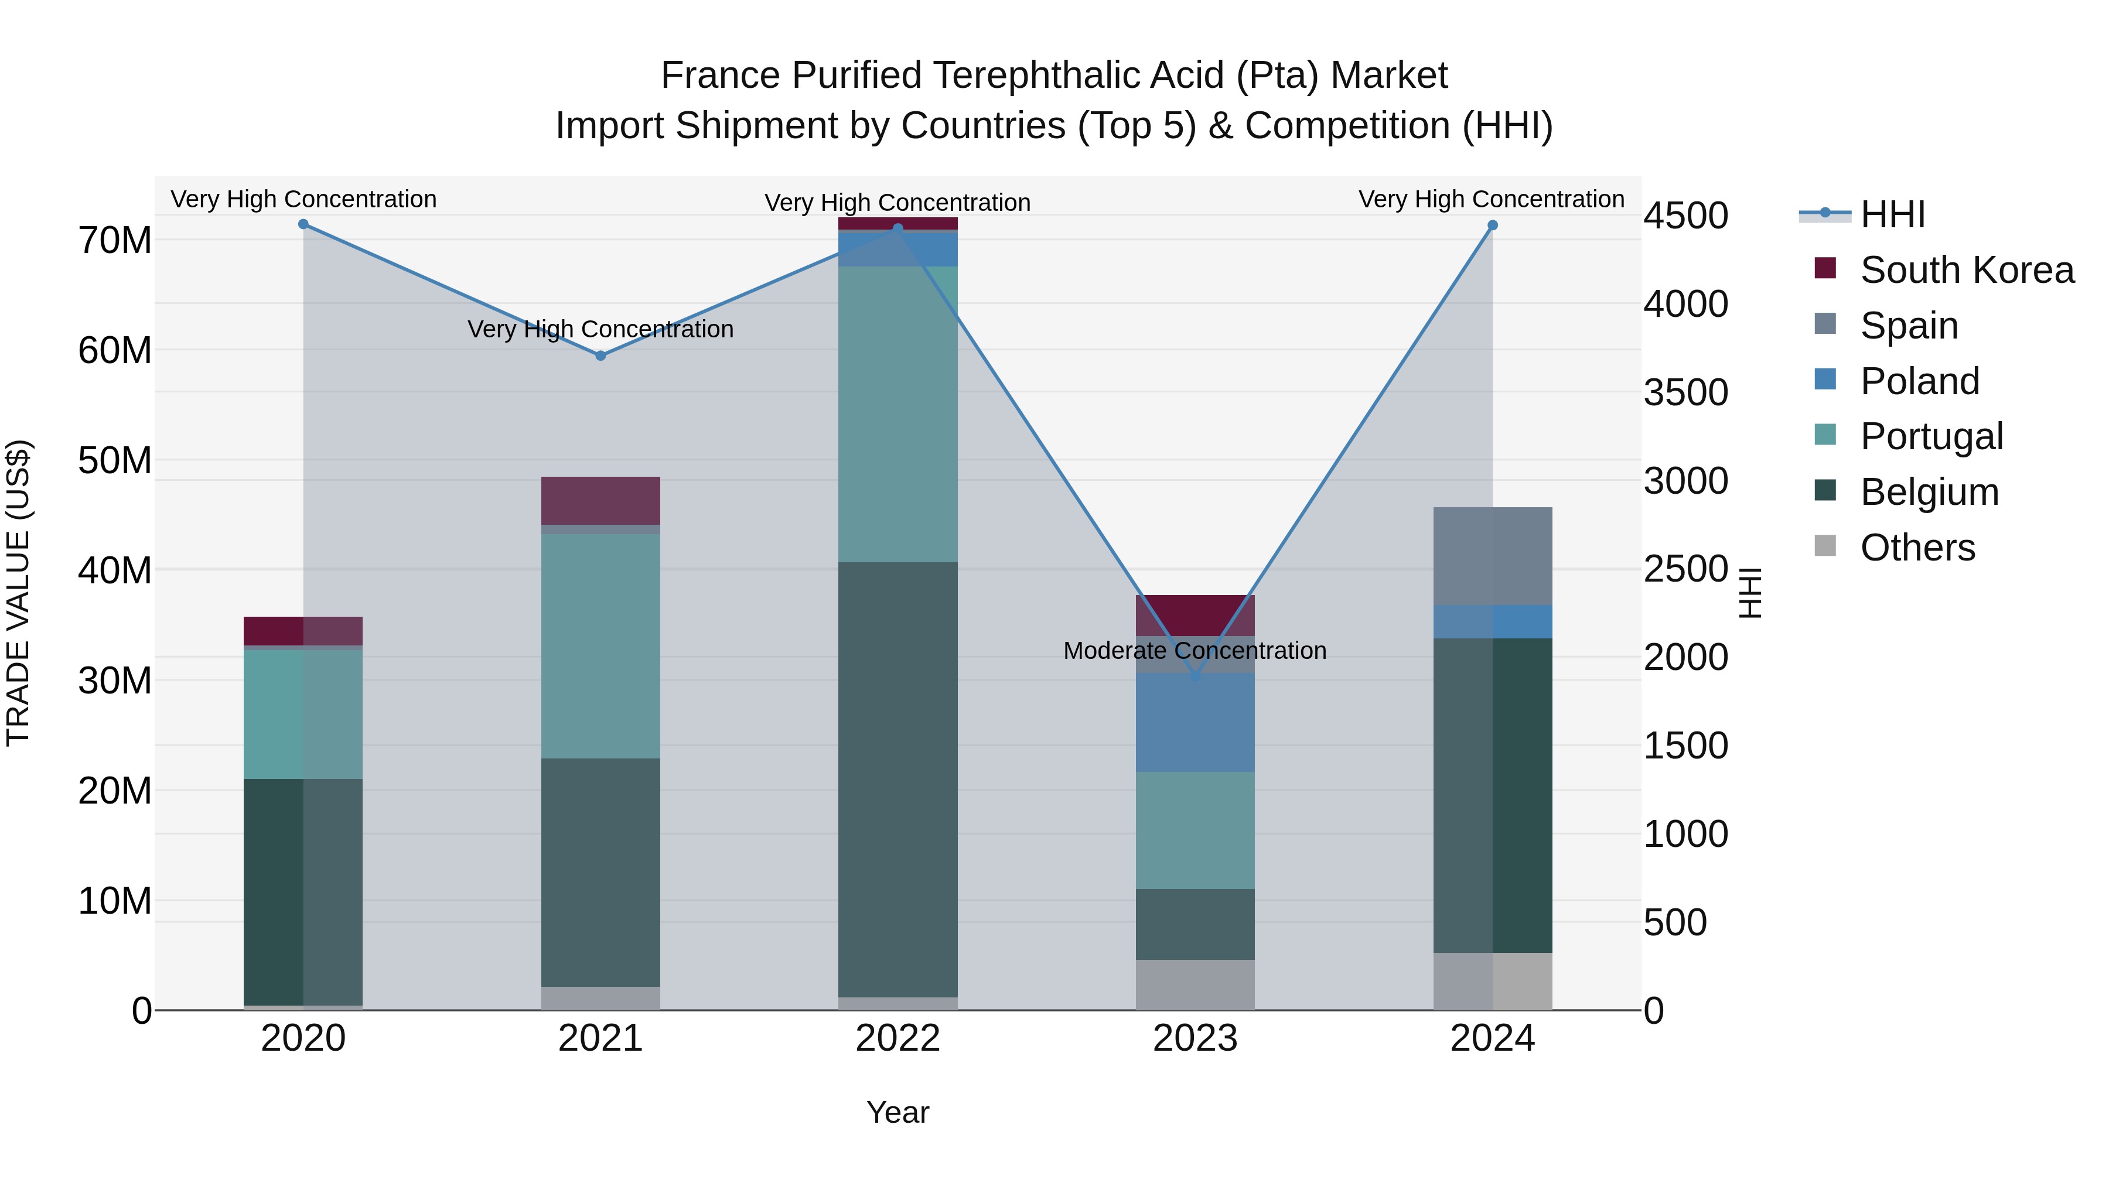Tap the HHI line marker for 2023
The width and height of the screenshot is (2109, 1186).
(1195, 676)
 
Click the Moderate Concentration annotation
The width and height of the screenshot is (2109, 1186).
(1195, 651)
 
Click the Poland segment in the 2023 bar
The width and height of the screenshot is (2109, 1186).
(1195, 722)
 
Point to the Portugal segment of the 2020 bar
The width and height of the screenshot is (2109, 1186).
(303, 714)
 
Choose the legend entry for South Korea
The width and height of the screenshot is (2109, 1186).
(1967, 270)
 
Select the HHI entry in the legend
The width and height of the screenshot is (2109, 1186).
(1892, 214)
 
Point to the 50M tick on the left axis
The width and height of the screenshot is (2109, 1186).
(115, 461)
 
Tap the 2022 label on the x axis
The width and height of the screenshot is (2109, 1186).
(897, 1038)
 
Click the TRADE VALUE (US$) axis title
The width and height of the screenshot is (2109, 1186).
(18, 593)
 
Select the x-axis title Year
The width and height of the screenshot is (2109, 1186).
(897, 1112)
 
